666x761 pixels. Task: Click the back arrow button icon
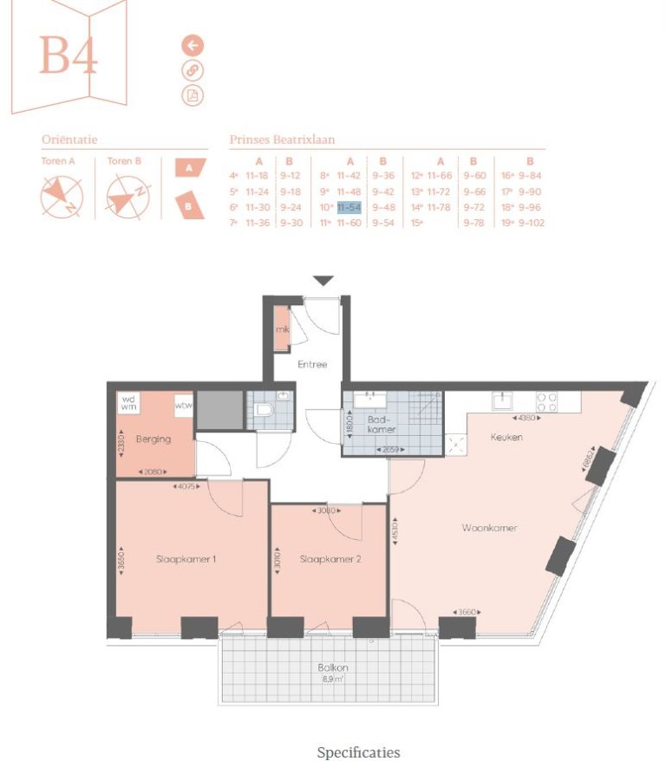[x=193, y=46]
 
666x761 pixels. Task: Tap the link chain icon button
[x=193, y=70]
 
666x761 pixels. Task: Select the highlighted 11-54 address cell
[x=349, y=207]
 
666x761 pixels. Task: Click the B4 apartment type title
[x=69, y=56]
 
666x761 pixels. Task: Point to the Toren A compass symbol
[x=62, y=197]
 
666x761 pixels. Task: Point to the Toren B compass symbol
[x=127, y=197]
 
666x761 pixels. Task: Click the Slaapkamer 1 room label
[x=186, y=559]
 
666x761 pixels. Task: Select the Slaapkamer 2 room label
[x=330, y=560]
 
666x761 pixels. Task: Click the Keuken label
[x=506, y=438]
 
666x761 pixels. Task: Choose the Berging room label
[x=153, y=439]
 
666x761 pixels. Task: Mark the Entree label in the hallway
[x=312, y=364]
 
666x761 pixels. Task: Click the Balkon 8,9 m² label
[x=332, y=673]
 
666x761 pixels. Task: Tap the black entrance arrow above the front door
[x=323, y=281]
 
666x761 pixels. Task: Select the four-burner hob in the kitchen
[x=546, y=401]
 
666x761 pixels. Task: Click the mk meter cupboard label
[x=282, y=330]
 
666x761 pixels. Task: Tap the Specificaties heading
[x=358, y=751]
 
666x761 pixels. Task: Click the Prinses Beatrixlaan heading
[x=282, y=139]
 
